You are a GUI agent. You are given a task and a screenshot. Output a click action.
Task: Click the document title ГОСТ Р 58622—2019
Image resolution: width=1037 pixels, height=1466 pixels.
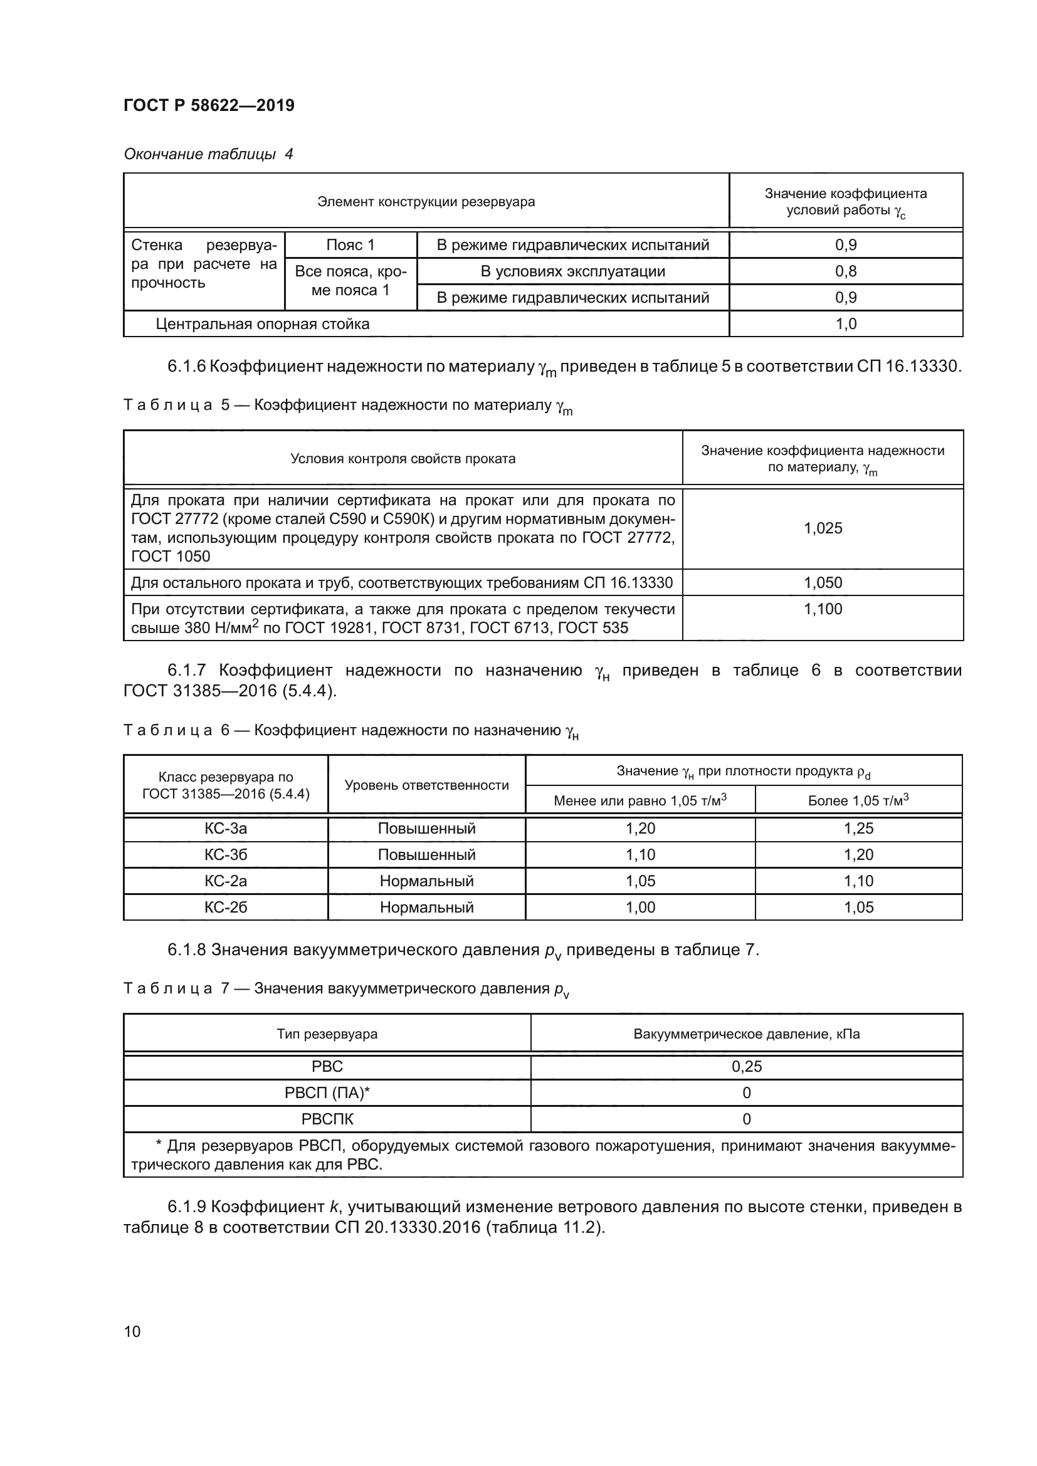[209, 105]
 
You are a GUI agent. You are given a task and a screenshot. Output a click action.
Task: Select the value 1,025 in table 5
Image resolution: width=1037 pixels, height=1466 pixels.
[823, 528]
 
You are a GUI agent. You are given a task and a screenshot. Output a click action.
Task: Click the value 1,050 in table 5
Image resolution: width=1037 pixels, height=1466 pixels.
[823, 582]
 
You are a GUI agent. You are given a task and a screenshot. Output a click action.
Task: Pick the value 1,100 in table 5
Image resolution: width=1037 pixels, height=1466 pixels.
[823, 609]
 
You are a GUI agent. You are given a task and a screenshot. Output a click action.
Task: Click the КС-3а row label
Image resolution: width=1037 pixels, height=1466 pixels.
[226, 828]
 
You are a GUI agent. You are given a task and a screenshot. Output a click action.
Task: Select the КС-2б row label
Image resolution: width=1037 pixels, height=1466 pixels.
[226, 907]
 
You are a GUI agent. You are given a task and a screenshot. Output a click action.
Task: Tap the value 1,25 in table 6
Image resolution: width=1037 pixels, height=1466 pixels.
[858, 828]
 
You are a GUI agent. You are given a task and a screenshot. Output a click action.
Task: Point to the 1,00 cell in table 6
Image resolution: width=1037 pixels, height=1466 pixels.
[640, 907]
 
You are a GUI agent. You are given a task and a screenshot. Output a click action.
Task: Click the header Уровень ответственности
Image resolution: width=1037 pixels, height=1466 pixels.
[426, 785]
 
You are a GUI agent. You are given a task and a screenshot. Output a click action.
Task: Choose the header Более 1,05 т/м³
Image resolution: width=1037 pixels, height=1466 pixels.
[858, 800]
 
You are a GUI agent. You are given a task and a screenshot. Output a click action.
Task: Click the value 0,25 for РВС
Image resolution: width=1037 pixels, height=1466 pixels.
[747, 1066]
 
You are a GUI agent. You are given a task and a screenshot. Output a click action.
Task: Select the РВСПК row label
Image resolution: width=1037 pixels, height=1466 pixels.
[327, 1119]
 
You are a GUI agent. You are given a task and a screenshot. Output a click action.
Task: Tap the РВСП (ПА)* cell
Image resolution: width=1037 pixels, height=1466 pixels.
[327, 1092]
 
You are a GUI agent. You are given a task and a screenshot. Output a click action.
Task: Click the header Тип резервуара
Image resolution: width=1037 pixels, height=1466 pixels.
[327, 1034]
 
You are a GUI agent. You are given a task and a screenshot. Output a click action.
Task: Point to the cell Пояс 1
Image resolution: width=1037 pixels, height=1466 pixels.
[350, 244]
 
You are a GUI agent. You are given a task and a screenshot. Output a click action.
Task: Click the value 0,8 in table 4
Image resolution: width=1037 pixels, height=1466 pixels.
[845, 271]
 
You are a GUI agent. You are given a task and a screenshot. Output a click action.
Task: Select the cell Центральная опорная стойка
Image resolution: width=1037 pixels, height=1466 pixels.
[263, 323]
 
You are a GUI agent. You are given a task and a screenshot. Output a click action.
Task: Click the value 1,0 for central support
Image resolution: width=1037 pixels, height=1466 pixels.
[845, 323]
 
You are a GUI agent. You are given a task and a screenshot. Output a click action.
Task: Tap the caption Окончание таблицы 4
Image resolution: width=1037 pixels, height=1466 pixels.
[208, 154]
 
